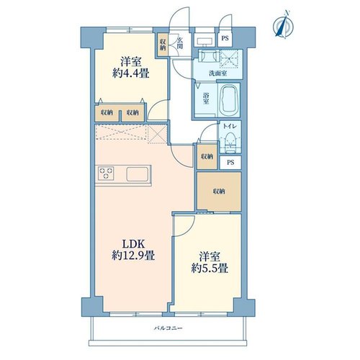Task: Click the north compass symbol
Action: tap(284, 24)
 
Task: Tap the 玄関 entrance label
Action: tap(179, 43)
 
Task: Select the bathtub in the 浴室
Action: tap(229, 99)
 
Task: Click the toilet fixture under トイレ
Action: tap(230, 143)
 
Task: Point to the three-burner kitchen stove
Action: tap(106, 174)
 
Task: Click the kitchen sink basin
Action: tap(138, 174)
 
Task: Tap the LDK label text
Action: tap(133, 244)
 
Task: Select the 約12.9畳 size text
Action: tap(133, 256)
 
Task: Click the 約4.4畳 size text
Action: tap(131, 73)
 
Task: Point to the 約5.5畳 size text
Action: tap(210, 268)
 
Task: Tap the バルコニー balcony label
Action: tap(168, 328)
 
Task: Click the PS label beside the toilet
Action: tap(230, 163)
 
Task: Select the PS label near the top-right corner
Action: tap(225, 38)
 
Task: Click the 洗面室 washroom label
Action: tap(217, 73)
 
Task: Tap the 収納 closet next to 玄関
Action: tap(163, 45)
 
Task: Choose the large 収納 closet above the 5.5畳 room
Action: tap(219, 192)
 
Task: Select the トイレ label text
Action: tap(230, 126)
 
